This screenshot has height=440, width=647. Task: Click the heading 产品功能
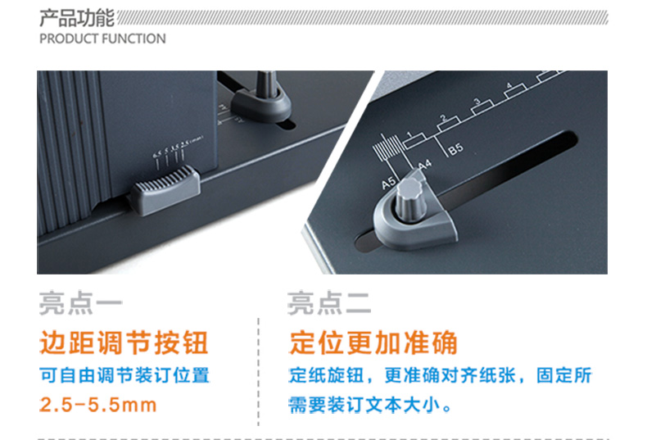[77, 18]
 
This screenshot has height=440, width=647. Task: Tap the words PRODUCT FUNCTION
[102, 39]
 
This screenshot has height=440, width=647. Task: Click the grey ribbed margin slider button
[167, 189]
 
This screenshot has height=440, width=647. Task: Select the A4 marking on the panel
[425, 165]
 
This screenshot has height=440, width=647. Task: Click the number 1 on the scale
[409, 134]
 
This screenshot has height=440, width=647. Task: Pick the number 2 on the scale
[443, 118]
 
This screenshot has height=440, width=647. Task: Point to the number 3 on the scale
[477, 102]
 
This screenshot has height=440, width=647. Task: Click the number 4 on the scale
[509, 86]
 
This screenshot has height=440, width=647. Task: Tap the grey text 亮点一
[80, 303]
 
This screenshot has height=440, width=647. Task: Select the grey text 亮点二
[329, 303]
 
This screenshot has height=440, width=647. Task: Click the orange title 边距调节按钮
[124, 342]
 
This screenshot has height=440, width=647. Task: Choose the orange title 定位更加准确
[373, 342]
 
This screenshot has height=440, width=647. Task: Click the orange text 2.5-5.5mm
[98, 405]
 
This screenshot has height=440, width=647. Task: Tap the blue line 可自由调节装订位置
[124, 375]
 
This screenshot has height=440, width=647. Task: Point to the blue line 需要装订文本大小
[369, 405]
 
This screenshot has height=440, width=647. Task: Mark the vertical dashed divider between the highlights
[258, 371]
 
